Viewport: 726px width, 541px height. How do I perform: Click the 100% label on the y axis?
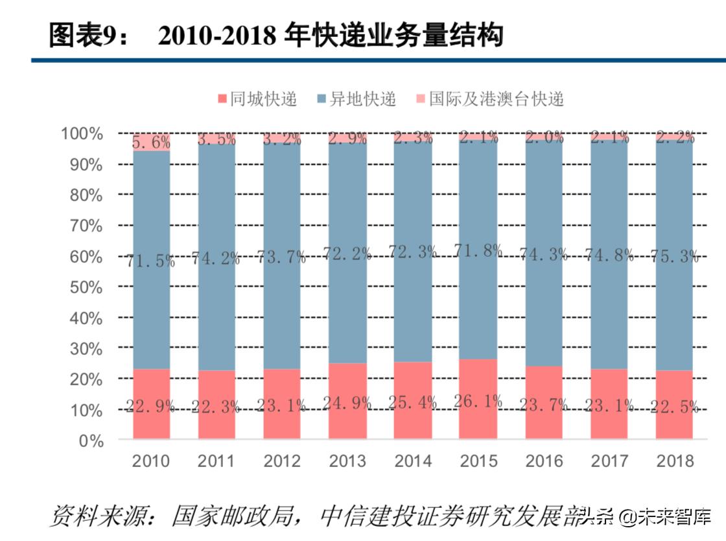tap(82, 134)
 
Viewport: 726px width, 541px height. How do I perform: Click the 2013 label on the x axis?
tap(347, 461)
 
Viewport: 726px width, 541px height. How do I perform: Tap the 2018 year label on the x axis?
tap(675, 461)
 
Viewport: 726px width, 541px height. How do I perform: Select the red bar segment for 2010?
tap(152, 389)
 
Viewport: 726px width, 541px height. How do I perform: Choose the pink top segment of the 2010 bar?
tap(152, 143)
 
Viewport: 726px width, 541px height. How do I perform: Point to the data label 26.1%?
tap(478, 402)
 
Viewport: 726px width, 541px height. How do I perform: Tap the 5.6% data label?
tap(152, 142)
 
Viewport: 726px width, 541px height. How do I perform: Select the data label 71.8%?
tap(478, 251)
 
